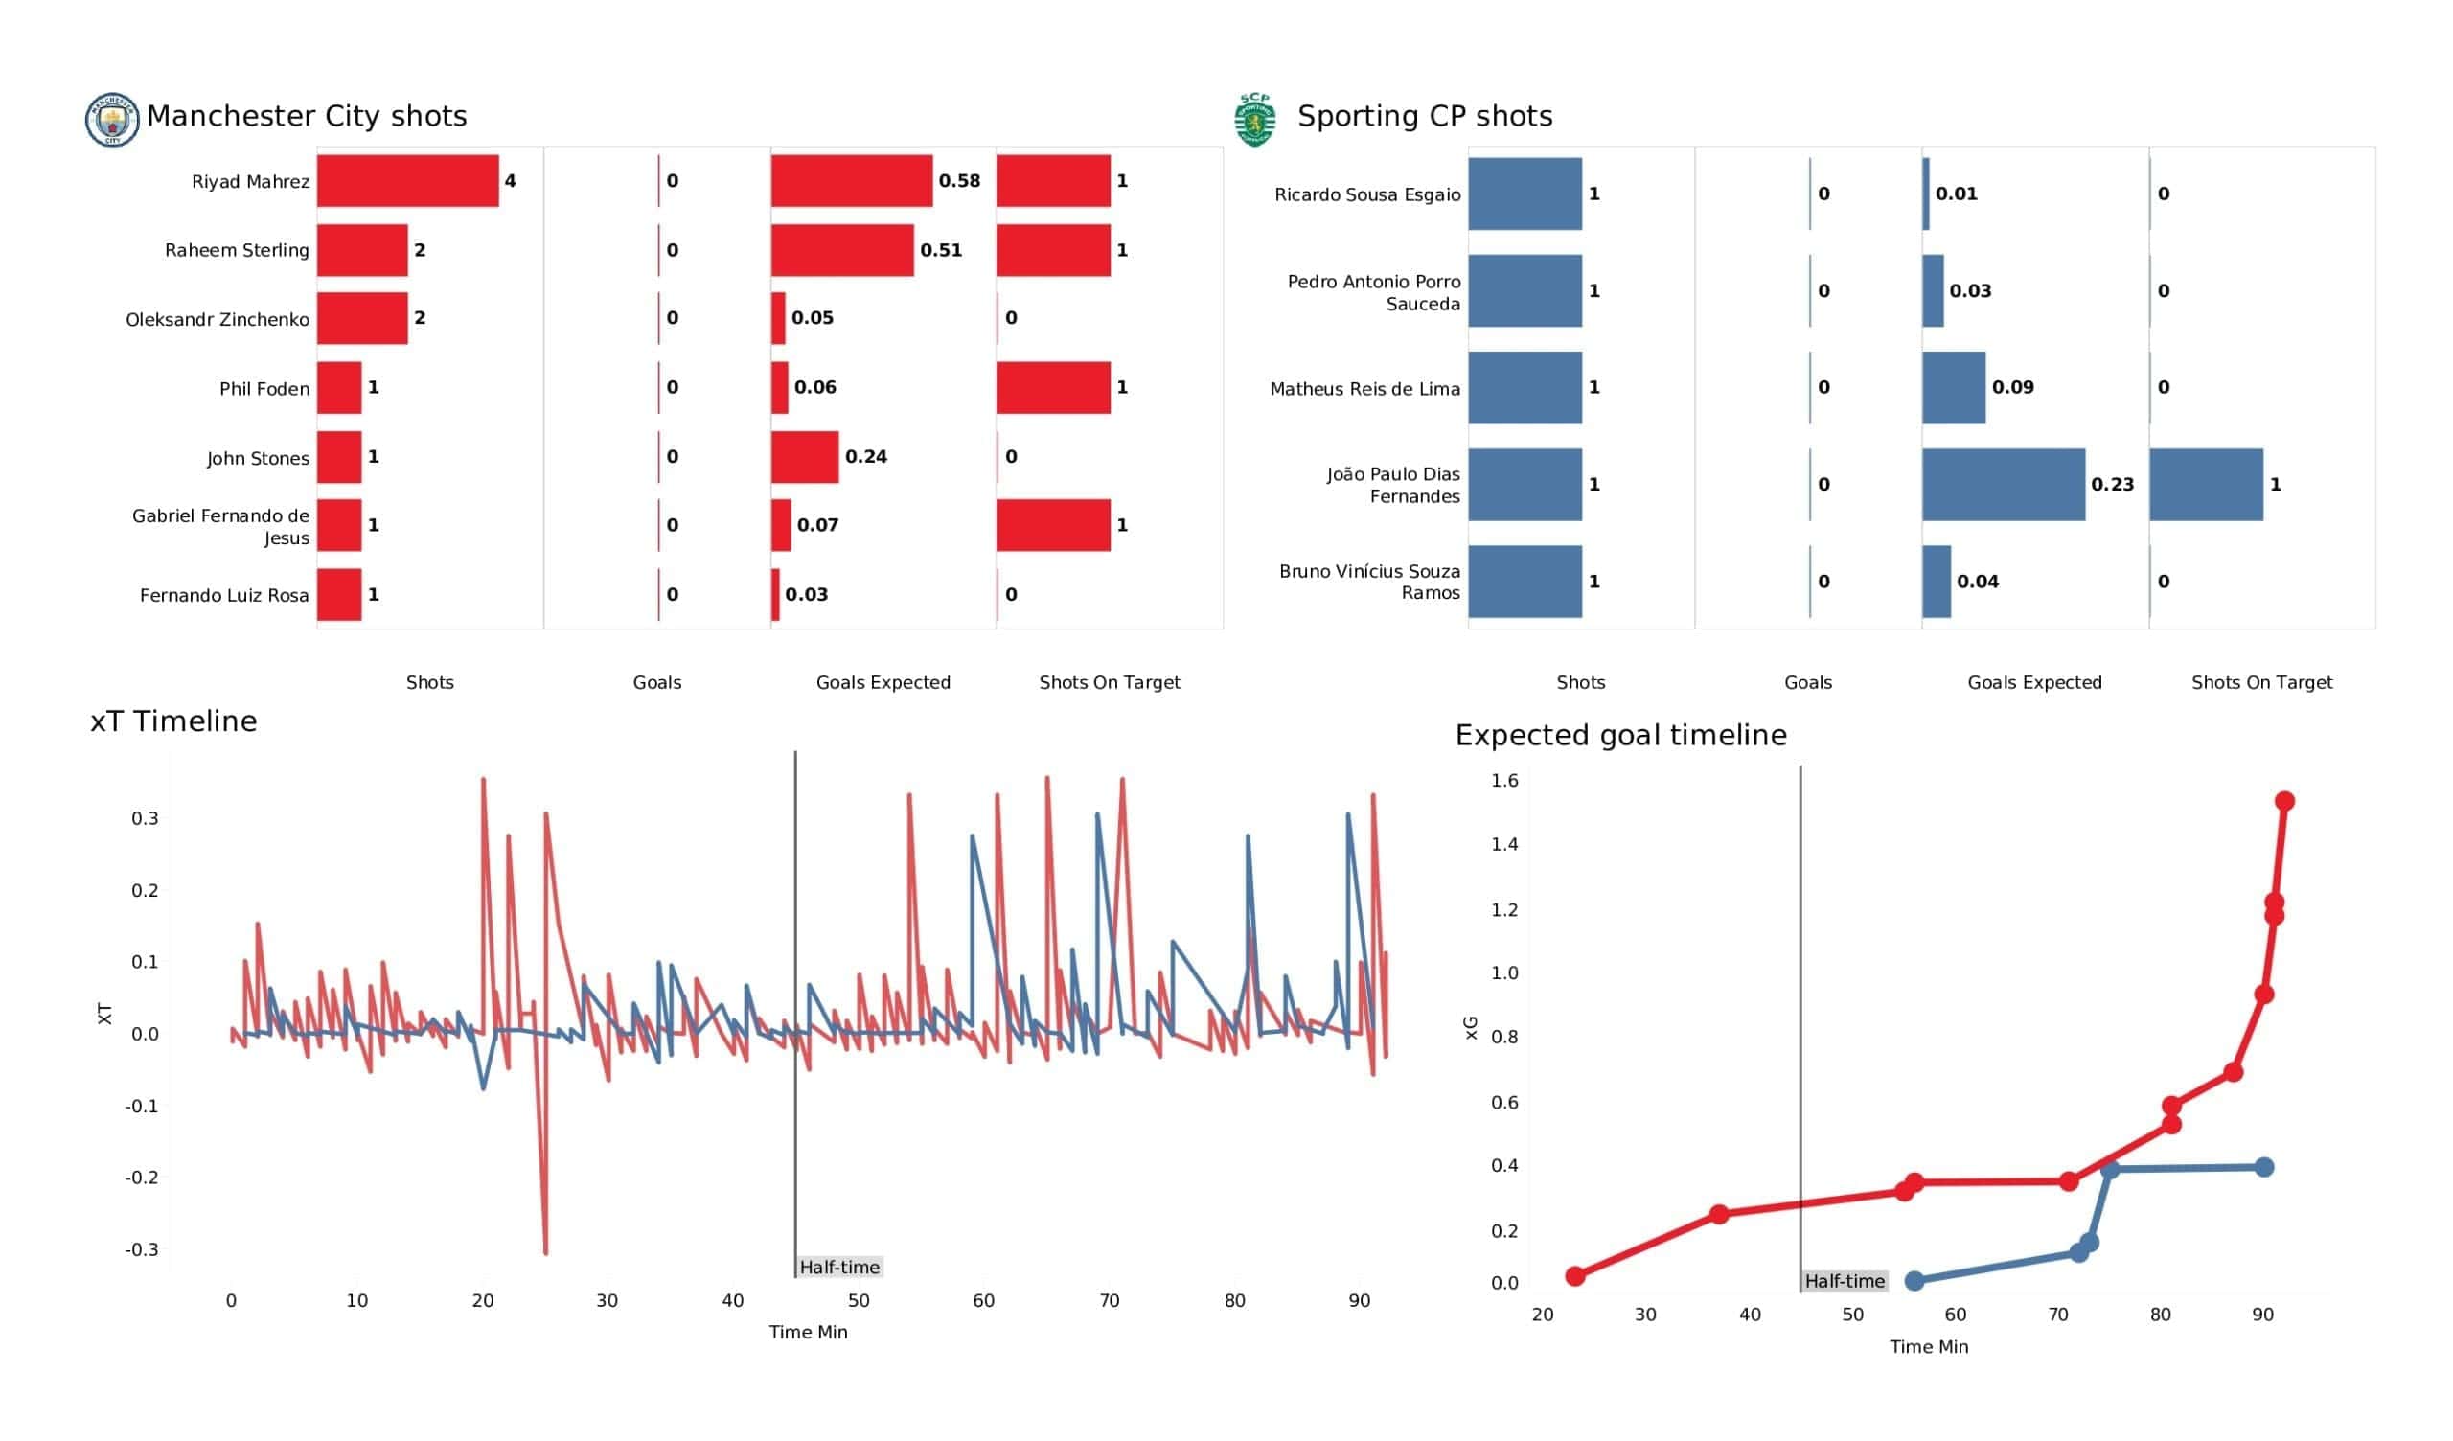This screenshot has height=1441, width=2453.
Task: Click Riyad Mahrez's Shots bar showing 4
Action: (x=408, y=181)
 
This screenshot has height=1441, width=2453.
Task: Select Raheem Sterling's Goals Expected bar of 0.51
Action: (x=843, y=250)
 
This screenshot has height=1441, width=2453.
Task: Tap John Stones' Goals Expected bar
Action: (x=805, y=458)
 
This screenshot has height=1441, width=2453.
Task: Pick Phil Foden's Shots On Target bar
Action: (x=1053, y=387)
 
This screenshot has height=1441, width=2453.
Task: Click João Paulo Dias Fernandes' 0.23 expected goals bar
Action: (x=2005, y=485)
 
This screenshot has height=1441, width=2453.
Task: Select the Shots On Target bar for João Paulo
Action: (x=2207, y=485)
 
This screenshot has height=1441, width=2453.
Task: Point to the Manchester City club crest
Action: (x=112, y=120)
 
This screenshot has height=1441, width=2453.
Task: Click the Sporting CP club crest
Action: (x=1254, y=120)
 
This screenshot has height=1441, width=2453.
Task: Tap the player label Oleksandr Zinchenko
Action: (x=218, y=319)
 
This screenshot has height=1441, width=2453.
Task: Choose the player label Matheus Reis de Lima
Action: (x=1364, y=389)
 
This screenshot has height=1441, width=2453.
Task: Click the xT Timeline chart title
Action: (x=173, y=721)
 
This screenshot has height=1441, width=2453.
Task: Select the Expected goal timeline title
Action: (x=1620, y=735)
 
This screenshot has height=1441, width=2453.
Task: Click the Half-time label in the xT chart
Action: (x=839, y=1267)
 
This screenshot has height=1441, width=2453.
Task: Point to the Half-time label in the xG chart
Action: (x=1845, y=1281)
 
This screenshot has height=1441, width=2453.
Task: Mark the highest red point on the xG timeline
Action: (x=2284, y=801)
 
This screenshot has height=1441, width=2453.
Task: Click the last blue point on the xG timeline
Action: (x=2264, y=1167)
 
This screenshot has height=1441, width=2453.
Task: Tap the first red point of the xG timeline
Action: (x=1575, y=1276)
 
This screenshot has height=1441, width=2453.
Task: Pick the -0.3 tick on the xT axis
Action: (x=142, y=1249)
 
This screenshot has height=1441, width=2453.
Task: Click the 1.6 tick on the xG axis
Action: (x=1504, y=780)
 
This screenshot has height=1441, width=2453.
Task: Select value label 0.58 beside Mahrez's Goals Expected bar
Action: (x=959, y=181)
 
